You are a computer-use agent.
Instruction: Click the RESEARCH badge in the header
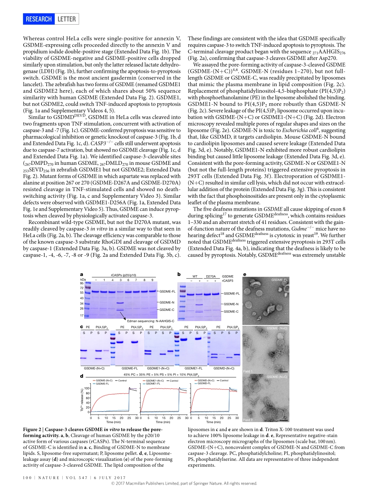39,19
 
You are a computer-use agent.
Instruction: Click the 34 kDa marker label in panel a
82,303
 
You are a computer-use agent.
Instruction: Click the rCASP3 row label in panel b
228,280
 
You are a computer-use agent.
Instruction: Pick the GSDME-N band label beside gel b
232,304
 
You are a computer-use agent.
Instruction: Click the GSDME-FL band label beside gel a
168,292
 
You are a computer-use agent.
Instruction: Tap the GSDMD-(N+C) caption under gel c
224,368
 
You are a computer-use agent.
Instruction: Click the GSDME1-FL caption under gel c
193,368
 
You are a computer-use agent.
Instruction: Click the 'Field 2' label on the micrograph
248,420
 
